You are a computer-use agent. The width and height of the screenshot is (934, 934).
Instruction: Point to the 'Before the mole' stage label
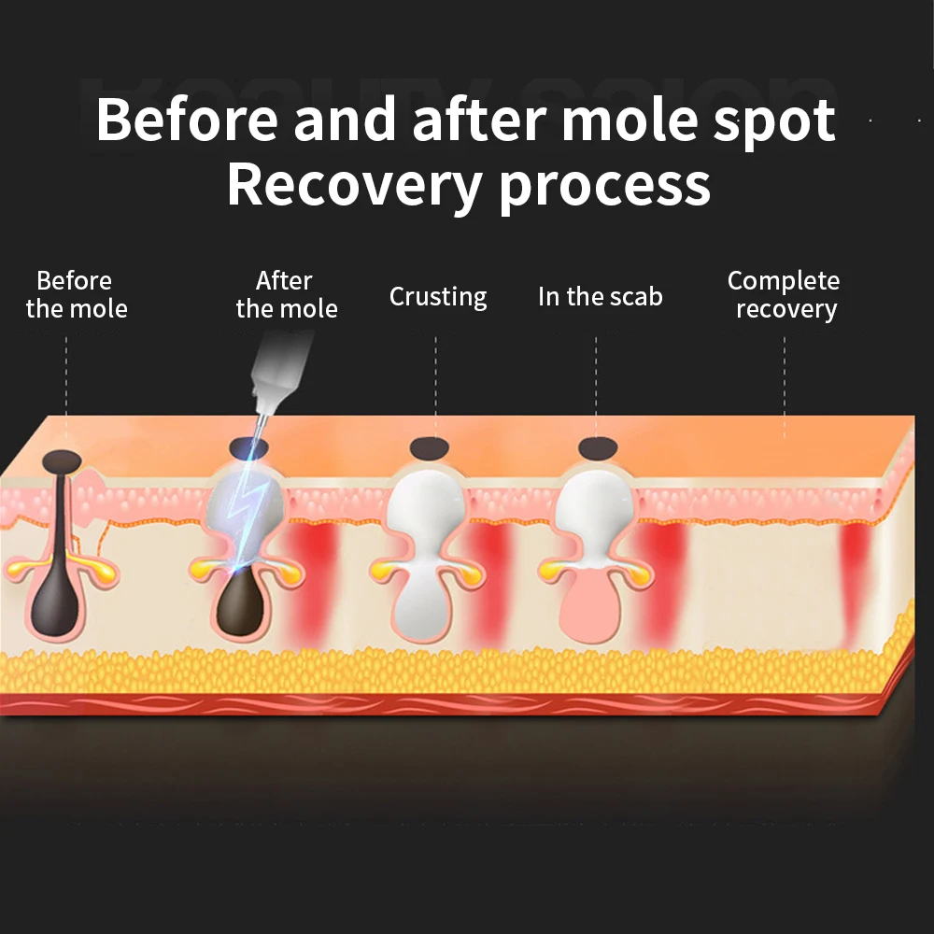tap(76, 294)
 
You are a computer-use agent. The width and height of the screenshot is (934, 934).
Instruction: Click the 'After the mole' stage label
tap(286, 294)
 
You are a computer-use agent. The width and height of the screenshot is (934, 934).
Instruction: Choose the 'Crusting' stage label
tap(438, 297)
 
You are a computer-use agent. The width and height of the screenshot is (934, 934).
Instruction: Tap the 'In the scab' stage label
tap(600, 297)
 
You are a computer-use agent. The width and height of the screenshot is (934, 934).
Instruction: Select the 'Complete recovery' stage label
tap(785, 294)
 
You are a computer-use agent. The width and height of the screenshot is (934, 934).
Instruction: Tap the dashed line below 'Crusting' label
tap(436, 383)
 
